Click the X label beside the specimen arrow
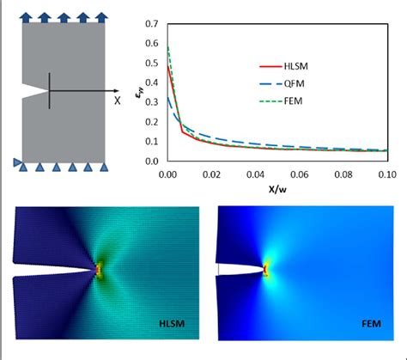coord(118,100)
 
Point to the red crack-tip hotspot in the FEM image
coord(266,271)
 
